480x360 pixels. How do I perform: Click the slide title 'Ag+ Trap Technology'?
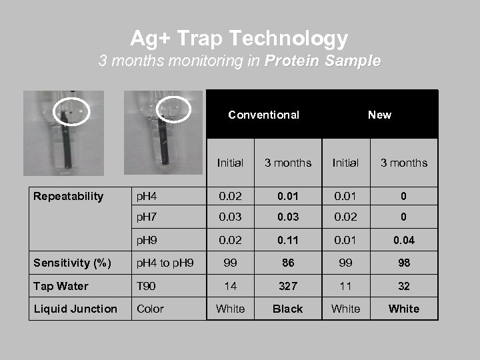coord(239,38)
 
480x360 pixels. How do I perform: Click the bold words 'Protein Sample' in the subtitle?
coord(323,61)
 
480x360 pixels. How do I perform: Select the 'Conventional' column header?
coord(263,115)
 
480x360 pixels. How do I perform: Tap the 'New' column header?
coord(379,115)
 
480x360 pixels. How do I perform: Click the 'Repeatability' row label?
coord(69,196)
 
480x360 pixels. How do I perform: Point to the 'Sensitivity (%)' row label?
coord(73,263)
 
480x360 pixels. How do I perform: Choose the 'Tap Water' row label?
coord(61,286)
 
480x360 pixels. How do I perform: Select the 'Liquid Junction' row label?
coord(75,309)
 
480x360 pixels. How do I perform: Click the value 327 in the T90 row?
coord(288,286)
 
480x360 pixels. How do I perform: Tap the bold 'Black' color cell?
coord(288,309)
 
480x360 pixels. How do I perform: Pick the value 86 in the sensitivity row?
coord(288,263)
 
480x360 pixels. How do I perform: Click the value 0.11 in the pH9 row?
coord(288,240)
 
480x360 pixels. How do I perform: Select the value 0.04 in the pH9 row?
coord(404,240)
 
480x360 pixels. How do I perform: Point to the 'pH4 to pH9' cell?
coord(165,263)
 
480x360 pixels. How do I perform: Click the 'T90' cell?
coord(147,286)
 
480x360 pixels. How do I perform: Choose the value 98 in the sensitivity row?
coord(404,263)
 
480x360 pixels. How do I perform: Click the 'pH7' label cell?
coord(148,217)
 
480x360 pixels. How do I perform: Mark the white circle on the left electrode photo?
coord(70,111)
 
